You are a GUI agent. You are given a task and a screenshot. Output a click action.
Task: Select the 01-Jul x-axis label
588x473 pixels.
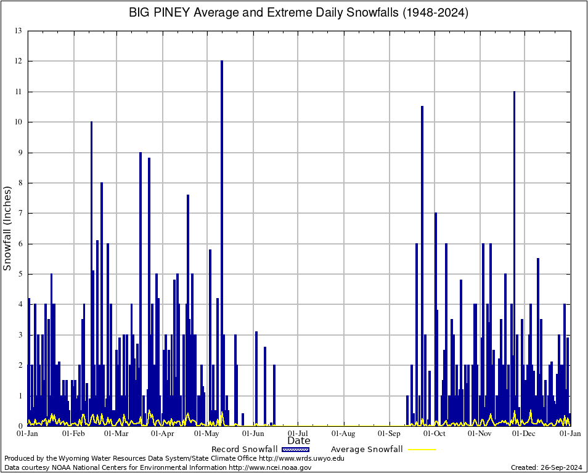point(298,434)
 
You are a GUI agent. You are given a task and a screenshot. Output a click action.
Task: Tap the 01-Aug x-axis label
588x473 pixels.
point(344,434)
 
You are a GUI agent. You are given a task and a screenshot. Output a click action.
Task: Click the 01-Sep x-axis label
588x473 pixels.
point(390,434)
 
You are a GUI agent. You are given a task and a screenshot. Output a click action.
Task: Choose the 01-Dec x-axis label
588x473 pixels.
point(525,434)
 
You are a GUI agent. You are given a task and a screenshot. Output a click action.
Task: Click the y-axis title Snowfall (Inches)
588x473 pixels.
point(8,228)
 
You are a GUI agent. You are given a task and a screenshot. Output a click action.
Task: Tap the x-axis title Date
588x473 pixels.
point(299,441)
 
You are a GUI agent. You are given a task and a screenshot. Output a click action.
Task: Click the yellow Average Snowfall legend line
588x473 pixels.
point(421,450)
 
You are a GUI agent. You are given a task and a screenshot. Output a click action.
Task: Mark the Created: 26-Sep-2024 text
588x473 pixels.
point(546,467)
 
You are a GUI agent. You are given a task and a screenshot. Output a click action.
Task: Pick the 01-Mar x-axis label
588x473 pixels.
point(116,434)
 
